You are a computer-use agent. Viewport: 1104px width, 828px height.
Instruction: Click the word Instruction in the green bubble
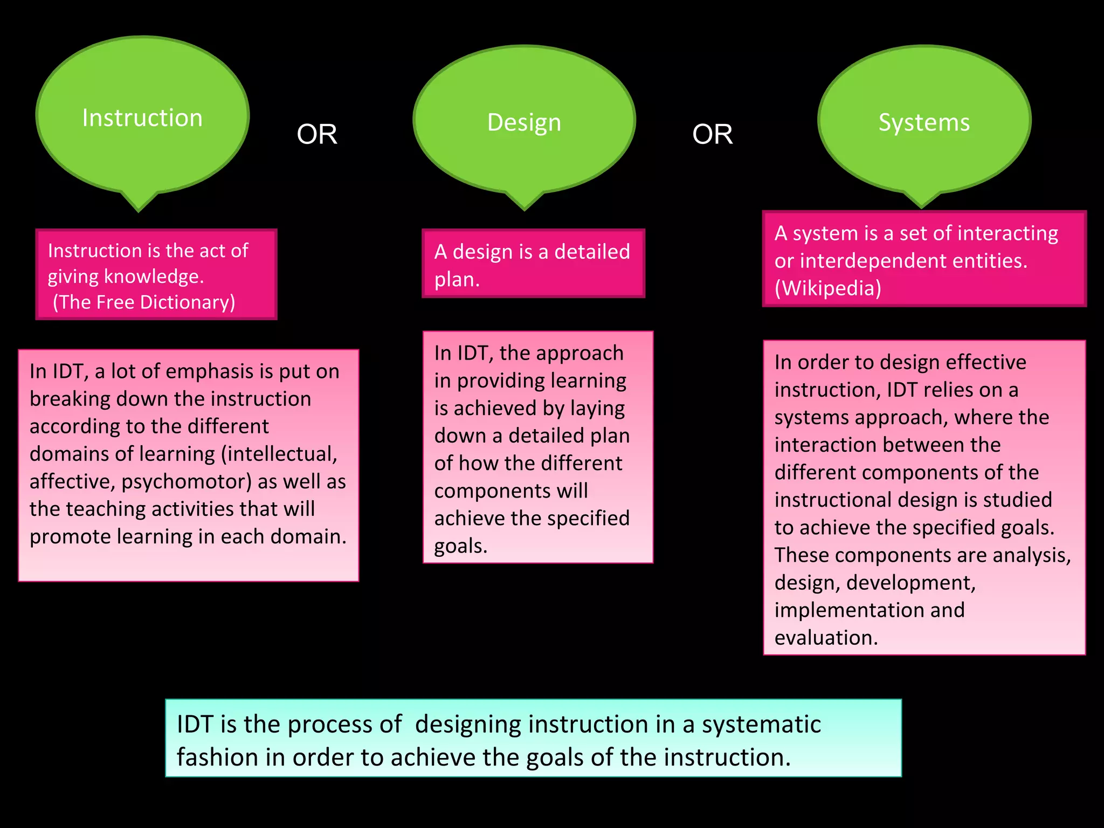[x=142, y=118]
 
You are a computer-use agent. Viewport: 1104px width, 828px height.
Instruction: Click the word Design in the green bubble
[x=524, y=123]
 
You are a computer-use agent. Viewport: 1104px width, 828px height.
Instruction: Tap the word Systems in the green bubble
[x=924, y=122]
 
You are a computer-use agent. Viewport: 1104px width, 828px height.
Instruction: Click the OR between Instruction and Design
[x=317, y=134]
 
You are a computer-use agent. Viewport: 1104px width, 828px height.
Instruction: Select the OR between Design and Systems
[x=712, y=134]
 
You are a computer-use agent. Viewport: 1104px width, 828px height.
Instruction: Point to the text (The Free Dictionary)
[x=144, y=302]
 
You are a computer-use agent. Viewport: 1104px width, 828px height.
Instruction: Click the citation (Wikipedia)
[x=828, y=288]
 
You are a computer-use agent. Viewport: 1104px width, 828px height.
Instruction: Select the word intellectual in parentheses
[x=279, y=454]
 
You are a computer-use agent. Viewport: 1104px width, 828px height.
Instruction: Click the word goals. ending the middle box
[x=461, y=547]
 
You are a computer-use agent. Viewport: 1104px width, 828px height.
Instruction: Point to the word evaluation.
[x=826, y=638]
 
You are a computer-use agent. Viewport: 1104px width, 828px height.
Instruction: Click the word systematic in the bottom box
[x=761, y=724]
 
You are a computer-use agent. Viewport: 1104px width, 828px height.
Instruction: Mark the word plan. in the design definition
[x=457, y=280]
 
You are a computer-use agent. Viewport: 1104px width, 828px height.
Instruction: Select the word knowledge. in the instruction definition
[x=154, y=277]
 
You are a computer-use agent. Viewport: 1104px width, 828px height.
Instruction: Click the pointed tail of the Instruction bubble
[x=139, y=205]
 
